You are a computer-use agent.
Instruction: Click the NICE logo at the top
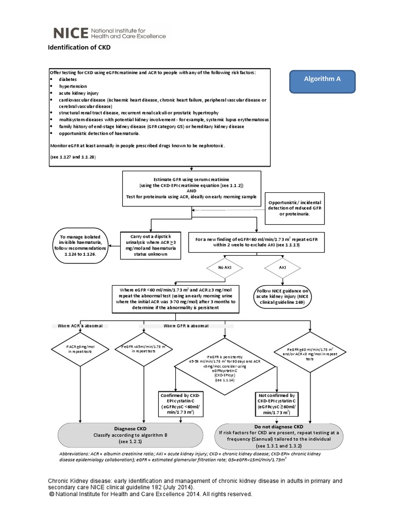point(109,34)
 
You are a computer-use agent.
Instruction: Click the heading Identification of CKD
point(79,47)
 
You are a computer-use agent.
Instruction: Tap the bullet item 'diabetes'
point(69,80)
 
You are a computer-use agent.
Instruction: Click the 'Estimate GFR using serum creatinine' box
point(191,187)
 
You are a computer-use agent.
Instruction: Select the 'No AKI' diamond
point(224,268)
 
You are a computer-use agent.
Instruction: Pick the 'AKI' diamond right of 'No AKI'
point(282,268)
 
